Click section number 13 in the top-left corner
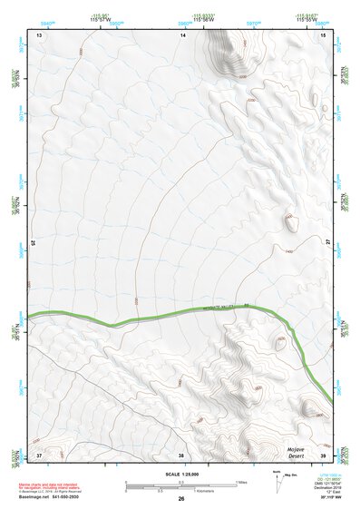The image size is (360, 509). (x=39, y=34)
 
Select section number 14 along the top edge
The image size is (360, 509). (x=182, y=34)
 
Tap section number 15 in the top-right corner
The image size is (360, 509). (x=324, y=34)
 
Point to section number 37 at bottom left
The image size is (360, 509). (x=39, y=454)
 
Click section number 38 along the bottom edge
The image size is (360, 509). (x=180, y=454)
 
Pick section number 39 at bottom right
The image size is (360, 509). (x=324, y=454)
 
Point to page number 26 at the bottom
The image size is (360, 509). (x=181, y=499)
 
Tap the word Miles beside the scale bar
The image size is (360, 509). (x=240, y=481)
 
